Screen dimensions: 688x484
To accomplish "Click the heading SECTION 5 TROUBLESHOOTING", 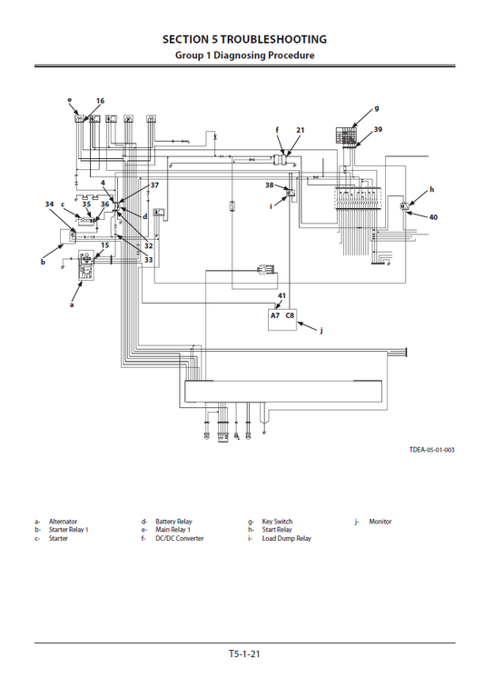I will [x=244, y=39].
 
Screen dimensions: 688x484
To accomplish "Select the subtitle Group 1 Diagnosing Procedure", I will [x=244, y=55].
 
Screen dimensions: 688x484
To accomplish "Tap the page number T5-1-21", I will [x=244, y=653].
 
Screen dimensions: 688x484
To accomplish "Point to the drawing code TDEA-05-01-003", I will [x=430, y=450].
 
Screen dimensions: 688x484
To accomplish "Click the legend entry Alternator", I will [x=63, y=522].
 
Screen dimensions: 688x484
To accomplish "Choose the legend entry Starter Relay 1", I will [x=68, y=530].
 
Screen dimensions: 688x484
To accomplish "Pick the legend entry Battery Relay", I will [x=173, y=522].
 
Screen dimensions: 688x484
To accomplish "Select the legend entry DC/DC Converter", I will [x=179, y=538].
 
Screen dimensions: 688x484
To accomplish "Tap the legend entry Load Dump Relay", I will [x=286, y=538].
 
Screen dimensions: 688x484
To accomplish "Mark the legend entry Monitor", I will [x=380, y=522].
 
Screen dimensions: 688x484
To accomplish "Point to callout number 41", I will [x=282, y=296].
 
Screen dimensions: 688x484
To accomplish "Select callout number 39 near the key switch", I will [x=378, y=130].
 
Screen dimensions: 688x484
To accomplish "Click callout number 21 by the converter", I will [x=301, y=130].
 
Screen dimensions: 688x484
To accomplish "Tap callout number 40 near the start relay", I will [x=433, y=217].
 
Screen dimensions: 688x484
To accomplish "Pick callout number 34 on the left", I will [x=49, y=204].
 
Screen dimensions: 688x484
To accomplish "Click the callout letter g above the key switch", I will [x=376, y=108].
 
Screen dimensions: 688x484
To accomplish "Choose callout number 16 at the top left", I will [x=100, y=101].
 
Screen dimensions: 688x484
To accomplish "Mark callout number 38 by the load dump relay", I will [x=269, y=184].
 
